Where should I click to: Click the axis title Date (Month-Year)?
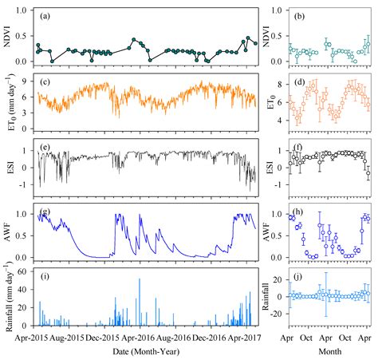[145, 350]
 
